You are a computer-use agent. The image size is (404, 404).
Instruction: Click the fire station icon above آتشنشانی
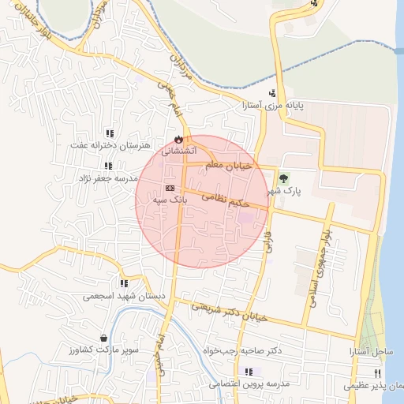click(178, 139)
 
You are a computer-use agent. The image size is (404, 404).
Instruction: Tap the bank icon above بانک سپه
click(170, 188)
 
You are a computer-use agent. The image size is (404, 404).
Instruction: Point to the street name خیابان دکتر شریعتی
click(233, 312)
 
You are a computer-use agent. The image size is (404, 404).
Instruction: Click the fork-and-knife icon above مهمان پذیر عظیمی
click(377, 374)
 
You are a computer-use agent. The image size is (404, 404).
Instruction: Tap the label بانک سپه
click(170, 200)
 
